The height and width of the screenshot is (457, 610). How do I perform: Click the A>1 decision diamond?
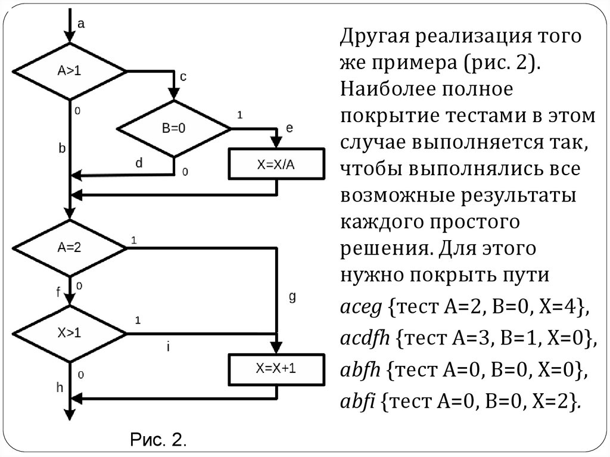tap(70, 71)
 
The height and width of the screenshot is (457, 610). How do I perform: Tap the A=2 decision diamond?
tap(70, 247)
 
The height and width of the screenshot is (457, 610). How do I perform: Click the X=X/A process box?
tap(276, 165)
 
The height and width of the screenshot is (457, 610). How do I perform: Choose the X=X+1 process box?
tap(276, 369)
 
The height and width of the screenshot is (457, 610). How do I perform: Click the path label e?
tap(290, 128)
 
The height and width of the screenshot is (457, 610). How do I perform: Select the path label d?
tap(139, 162)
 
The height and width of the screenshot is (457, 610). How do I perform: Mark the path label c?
tap(183, 76)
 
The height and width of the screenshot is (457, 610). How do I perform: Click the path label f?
tap(58, 292)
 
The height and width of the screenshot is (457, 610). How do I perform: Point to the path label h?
tap(60, 387)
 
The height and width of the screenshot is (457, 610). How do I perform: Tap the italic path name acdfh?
tap(365, 338)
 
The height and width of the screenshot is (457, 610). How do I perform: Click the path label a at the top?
tap(82, 24)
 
